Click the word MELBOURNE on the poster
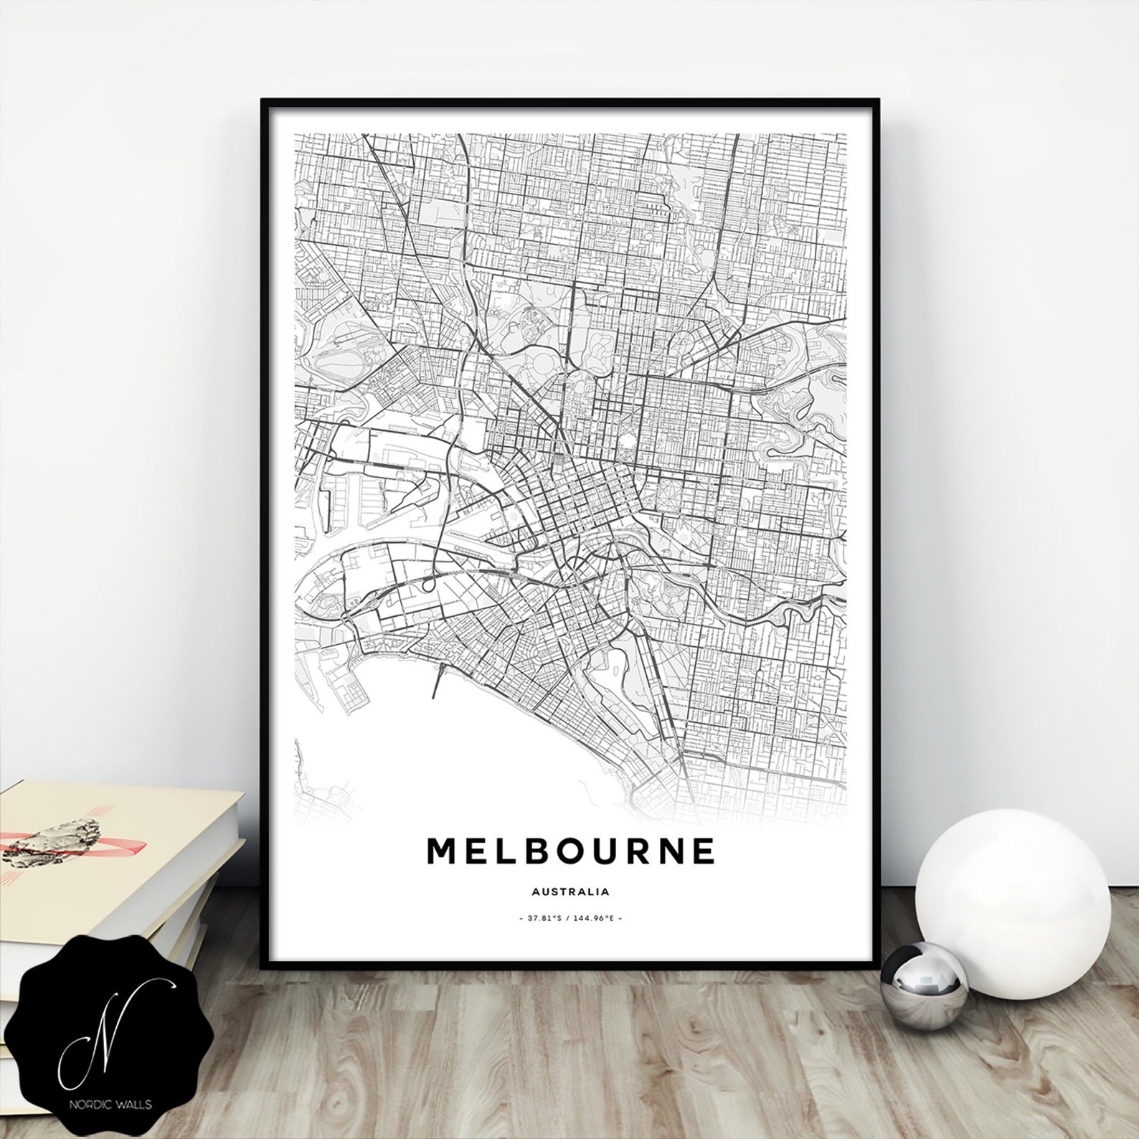(x=571, y=851)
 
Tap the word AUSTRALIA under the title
(x=571, y=892)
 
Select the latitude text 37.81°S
(x=543, y=918)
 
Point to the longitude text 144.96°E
(x=595, y=918)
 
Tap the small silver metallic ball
(x=924, y=986)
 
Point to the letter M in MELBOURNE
(x=443, y=851)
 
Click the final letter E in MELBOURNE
(x=702, y=851)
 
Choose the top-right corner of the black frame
(x=879, y=101)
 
